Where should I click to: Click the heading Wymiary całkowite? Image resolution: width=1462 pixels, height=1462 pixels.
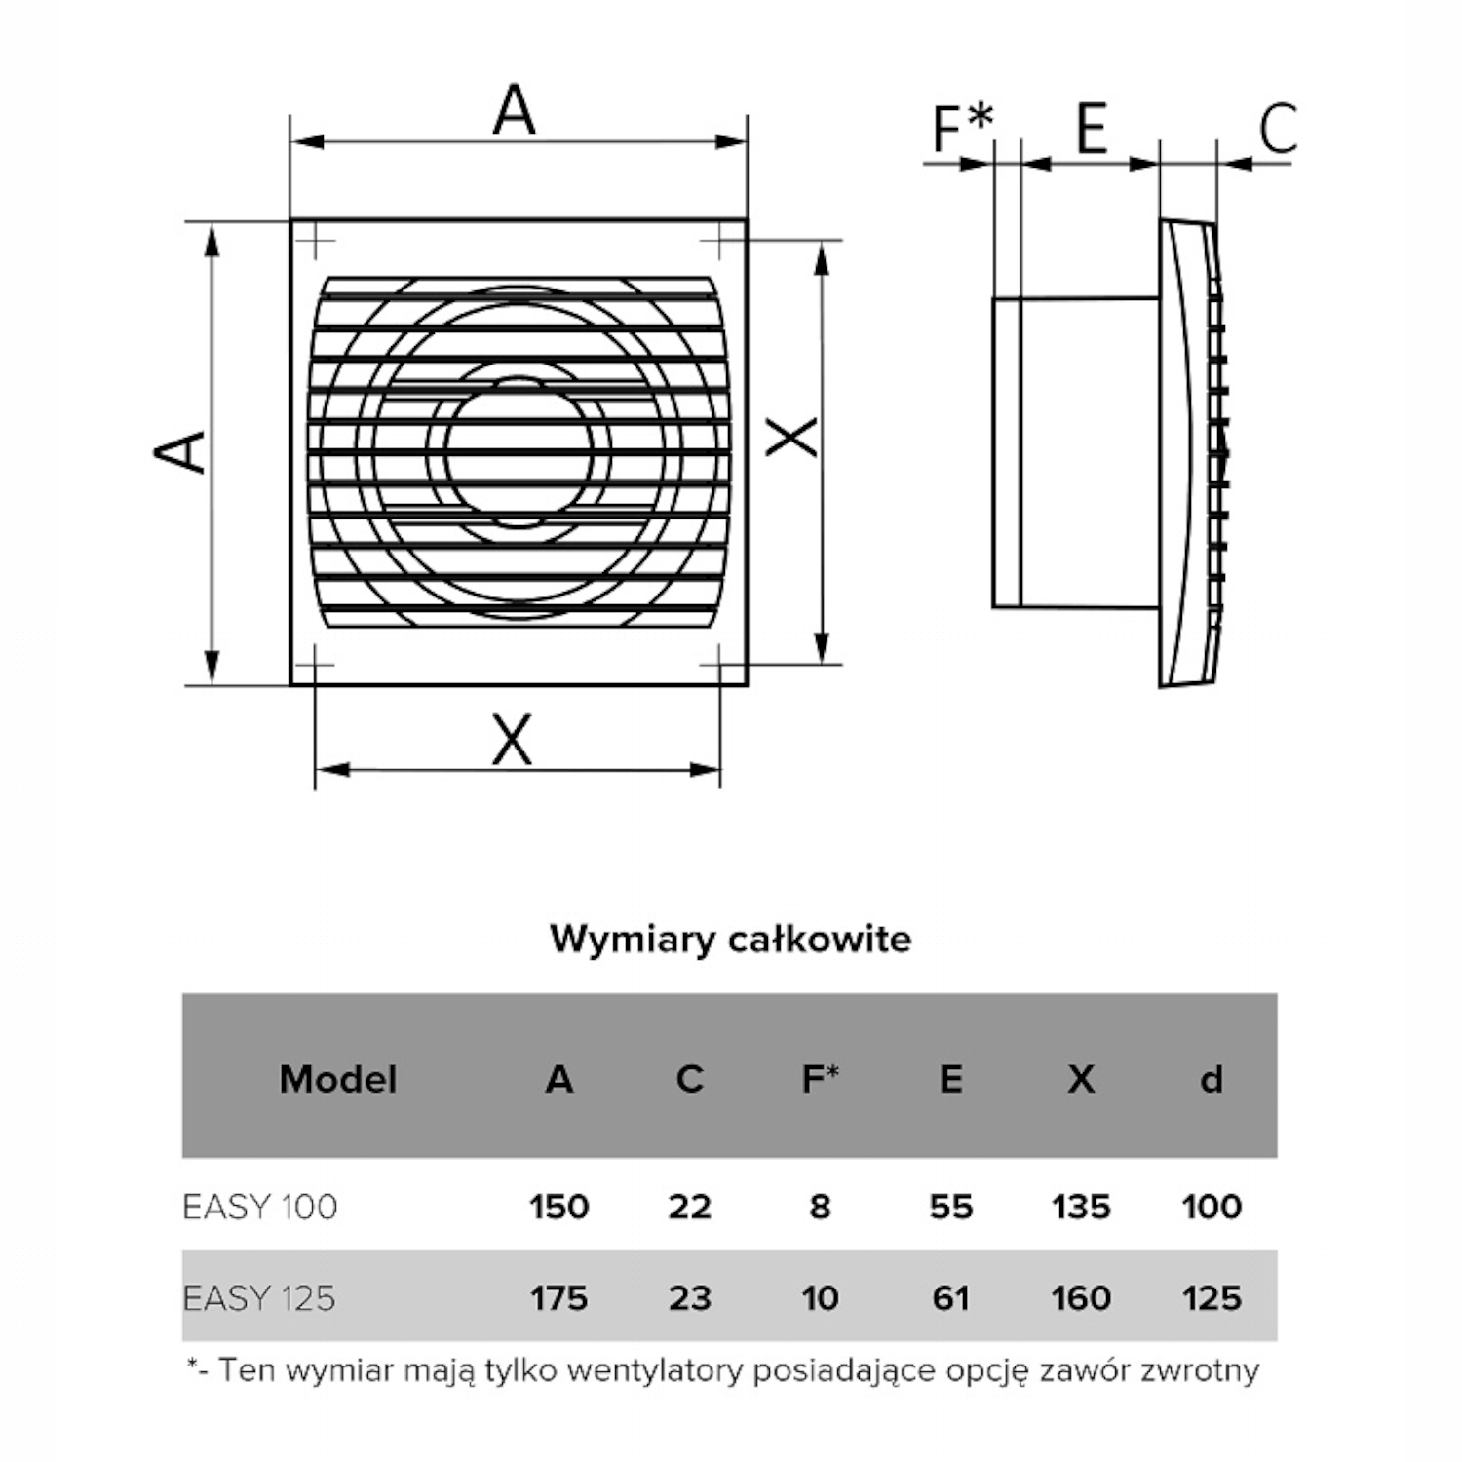[x=730, y=939]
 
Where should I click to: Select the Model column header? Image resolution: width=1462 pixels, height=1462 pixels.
[x=337, y=1079]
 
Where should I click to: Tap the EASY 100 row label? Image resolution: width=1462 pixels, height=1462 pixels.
[x=260, y=1207]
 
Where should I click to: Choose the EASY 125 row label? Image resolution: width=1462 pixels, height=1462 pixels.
[x=259, y=1298]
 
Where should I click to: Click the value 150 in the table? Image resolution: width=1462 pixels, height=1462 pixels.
[x=559, y=1207]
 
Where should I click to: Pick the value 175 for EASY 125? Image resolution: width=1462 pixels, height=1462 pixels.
[x=559, y=1298]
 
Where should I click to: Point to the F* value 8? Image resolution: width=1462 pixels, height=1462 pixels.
[x=820, y=1207]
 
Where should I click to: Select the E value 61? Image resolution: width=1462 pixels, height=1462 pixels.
[x=950, y=1298]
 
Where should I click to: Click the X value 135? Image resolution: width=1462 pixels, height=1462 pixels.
[x=1081, y=1207]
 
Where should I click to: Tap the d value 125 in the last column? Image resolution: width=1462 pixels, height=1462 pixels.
[x=1212, y=1298]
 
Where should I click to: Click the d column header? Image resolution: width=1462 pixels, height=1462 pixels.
[x=1211, y=1079]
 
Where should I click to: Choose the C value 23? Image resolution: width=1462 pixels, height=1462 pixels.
[x=690, y=1298]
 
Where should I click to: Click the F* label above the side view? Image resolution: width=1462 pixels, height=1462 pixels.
[x=962, y=126]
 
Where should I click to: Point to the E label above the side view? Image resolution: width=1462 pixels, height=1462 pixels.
[x=1092, y=127]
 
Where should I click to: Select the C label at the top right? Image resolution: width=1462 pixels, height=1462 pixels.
[x=1278, y=128]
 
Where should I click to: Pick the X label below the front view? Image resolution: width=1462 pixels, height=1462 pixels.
[x=513, y=740]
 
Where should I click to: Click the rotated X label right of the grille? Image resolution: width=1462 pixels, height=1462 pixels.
[x=791, y=437]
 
